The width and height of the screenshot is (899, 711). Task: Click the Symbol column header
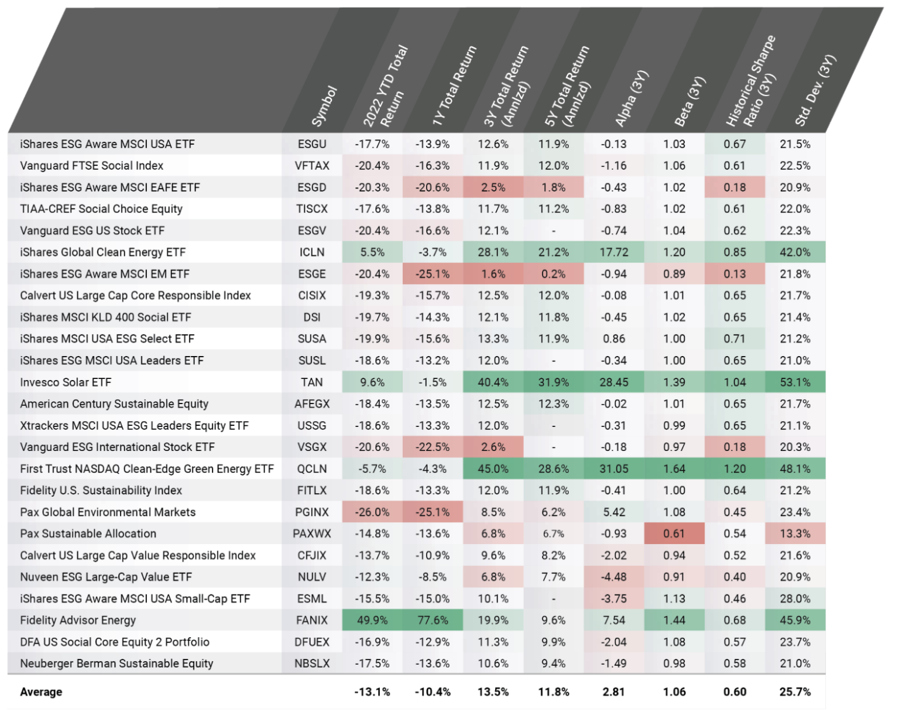pyautogui.click(x=324, y=107)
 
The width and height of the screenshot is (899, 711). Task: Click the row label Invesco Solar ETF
pyautogui.click(x=66, y=382)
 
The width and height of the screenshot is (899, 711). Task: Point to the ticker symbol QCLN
pyautogui.click(x=312, y=469)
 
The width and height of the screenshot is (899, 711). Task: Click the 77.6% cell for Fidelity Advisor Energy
pyautogui.click(x=433, y=620)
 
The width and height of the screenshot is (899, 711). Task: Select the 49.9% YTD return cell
pyautogui.click(x=372, y=620)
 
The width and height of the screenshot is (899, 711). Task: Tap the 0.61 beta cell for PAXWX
pyautogui.click(x=674, y=534)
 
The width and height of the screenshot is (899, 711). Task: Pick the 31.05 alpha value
pyautogui.click(x=613, y=469)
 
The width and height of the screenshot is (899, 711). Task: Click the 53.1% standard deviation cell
pyautogui.click(x=795, y=382)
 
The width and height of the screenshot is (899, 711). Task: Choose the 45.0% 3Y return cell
pyautogui.click(x=493, y=469)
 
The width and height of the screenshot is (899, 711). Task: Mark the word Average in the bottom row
pyautogui.click(x=41, y=692)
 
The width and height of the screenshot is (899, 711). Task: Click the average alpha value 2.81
pyautogui.click(x=613, y=692)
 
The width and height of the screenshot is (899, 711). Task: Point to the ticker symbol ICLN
pyautogui.click(x=312, y=252)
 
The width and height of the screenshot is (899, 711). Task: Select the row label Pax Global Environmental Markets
pyautogui.click(x=108, y=512)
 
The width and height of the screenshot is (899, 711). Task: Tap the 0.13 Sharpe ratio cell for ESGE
pyautogui.click(x=735, y=274)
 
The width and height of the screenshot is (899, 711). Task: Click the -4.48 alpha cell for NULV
pyautogui.click(x=613, y=577)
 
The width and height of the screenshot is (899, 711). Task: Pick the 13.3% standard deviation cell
pyautogui.click(x=795, y=534)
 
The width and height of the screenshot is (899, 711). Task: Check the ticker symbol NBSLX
pyautogui.click(x=312, y=664)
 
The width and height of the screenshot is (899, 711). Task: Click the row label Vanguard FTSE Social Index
pyautogui.click(x=91, y=166)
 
